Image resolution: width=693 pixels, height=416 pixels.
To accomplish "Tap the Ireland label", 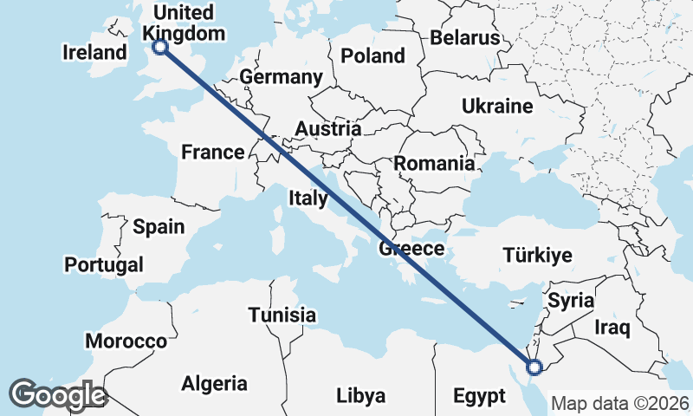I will [x=95, y=53].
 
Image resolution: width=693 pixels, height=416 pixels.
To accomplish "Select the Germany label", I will [x=281, y=77].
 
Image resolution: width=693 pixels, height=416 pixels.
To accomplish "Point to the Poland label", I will [x=372, y=56].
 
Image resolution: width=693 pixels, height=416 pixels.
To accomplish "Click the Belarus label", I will [x=465, y=38].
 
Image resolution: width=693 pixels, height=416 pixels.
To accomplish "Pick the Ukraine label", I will [x=496, y=107].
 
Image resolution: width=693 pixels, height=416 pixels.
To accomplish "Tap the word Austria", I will [x=327, y=129].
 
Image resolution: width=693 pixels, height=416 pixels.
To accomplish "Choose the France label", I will [x=212, y=153].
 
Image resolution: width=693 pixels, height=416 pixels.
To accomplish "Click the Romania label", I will [x=434, y=163].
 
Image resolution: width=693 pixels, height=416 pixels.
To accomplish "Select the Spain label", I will [x=159, y=227].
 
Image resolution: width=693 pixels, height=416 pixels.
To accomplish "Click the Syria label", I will [x=571, y=302].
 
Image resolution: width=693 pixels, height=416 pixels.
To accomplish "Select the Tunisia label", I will [x=282, y=315].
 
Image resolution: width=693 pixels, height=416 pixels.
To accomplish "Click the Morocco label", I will [x=126, y=341].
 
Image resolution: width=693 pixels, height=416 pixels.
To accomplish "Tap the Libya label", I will [x=360, y=396].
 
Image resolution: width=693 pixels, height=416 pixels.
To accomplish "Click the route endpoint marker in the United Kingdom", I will [x=159, y=48].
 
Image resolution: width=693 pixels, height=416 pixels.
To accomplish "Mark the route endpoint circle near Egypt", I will [x=534, y=367].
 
